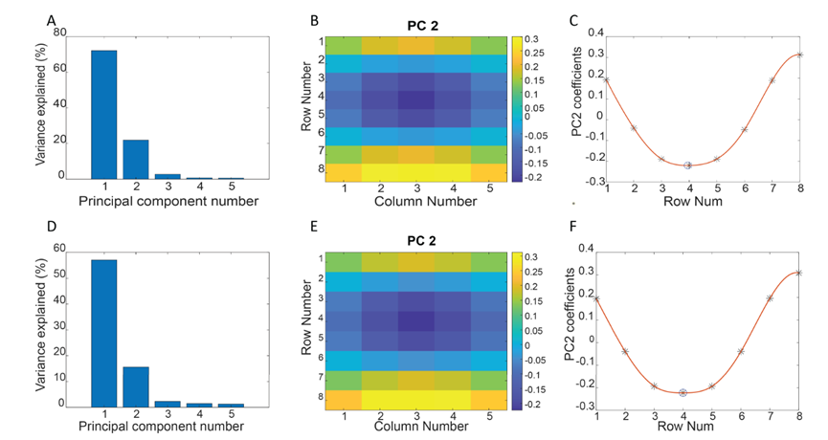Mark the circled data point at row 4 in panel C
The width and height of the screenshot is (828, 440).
(x=688, y=165)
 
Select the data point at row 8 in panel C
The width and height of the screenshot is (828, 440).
(x=799, y=55)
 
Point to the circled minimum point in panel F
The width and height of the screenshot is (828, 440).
(x=683, y=392)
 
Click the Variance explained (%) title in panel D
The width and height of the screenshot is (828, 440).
(x=41, y=328)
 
